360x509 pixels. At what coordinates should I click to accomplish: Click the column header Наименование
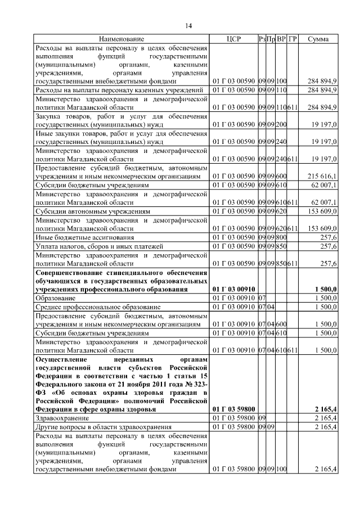click(121, 39)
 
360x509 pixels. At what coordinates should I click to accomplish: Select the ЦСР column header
click(233, 39)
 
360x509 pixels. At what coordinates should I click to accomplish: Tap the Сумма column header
click(318, 39)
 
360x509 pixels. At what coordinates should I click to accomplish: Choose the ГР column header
click(292, 39)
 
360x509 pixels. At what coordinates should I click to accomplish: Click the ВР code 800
click(281, 238)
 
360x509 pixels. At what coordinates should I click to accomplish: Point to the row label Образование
click(54, 297)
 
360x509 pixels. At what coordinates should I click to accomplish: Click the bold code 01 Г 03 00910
click(233, 289)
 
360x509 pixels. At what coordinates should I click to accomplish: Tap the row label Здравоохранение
click(61, 418)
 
